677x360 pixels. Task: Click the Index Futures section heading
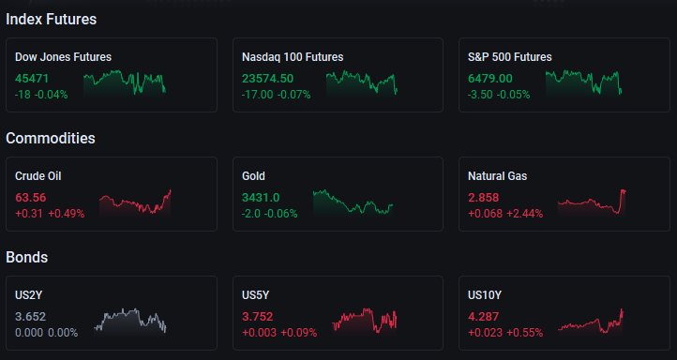coord(51,20)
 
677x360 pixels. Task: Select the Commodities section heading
coord(51,138)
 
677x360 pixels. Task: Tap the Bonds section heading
coord(27,257)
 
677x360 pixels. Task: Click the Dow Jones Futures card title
coord(63,57)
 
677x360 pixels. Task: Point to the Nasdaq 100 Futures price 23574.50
coord(267,79)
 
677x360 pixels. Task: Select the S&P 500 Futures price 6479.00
coord(490,79)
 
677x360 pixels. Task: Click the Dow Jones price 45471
coord(32,79)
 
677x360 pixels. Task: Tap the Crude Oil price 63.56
coord(31,198)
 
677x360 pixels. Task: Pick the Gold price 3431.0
coord(261,198)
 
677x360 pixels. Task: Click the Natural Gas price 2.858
coord(484,198)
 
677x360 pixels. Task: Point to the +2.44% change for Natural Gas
coord(524,214)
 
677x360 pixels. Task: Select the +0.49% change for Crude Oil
coord(66,214)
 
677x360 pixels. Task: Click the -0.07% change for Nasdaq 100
coord(294,95)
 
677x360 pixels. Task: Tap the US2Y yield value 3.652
coord(30,317)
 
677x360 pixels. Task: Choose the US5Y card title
coord(256,295)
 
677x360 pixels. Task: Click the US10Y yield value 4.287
coord(484,317)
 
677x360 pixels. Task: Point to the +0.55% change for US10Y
coord(524,333)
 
